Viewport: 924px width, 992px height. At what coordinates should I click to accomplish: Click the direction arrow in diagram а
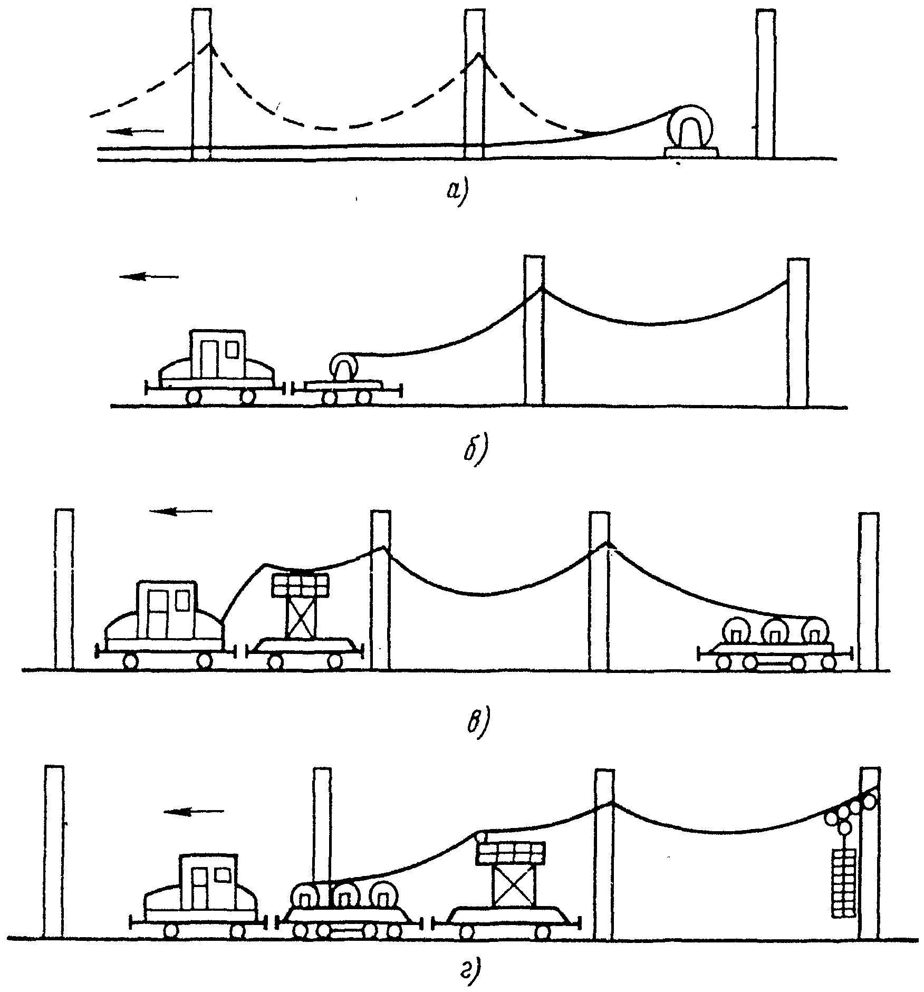tap(138, 130)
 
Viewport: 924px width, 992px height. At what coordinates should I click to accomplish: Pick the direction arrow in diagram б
tap(149, 276)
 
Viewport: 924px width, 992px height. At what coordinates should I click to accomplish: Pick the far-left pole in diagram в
tap(64, 590)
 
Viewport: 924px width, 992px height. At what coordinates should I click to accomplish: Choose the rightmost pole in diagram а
tap(765, 83)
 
